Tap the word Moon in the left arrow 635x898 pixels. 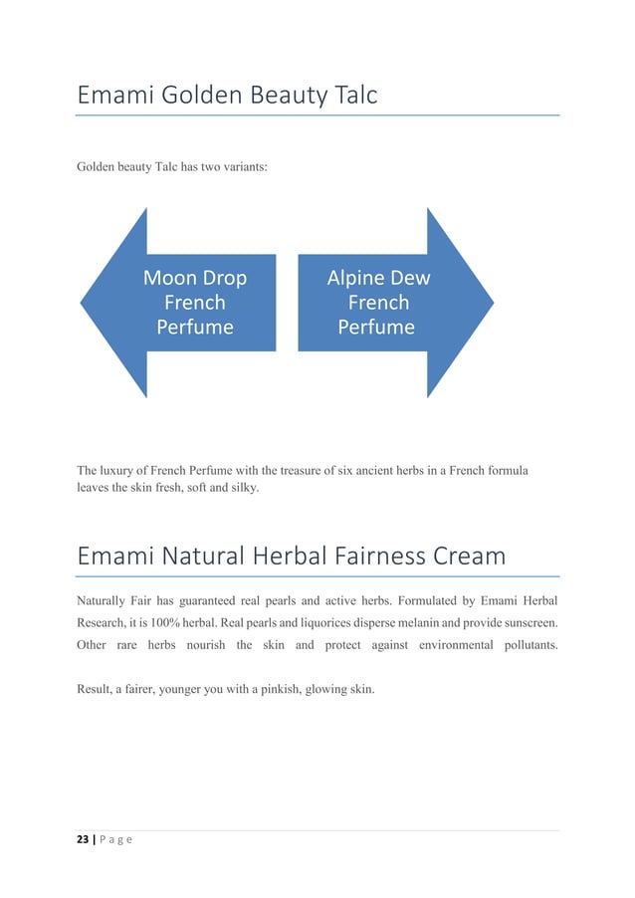(169, 278)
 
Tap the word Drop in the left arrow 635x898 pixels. (223, 278)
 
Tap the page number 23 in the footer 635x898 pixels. (84, 839)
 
